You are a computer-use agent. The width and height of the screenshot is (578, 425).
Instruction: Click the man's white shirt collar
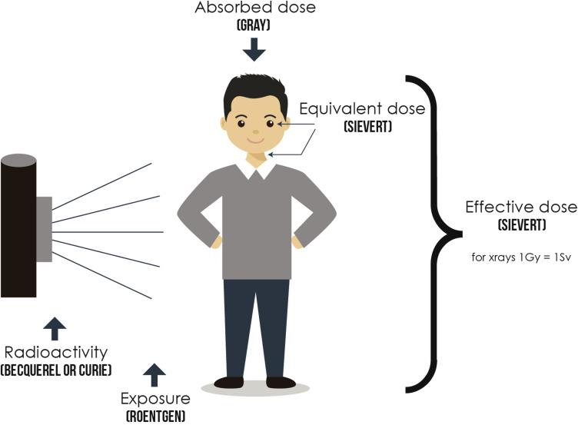(254, 168)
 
